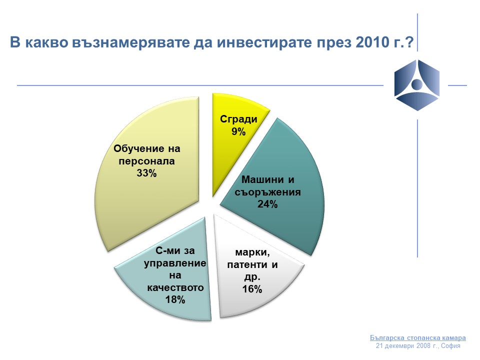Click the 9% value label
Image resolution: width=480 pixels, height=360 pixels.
click(x=238, y=131)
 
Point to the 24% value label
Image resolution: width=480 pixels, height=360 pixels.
click(x=267, y=204)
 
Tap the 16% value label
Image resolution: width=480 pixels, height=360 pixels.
click(x=252, y=289)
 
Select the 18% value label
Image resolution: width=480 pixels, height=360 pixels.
click(x=175, y=299)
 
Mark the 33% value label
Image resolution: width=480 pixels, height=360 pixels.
click(x=146, y=173)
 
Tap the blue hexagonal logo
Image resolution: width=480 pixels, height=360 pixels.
click(x=417, y=85)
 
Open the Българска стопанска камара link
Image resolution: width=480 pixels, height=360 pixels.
click(x=418, y=337)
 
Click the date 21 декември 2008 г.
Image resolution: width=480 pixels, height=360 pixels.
click(x=407, y=346)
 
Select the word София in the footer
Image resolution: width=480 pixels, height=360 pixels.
click(x=450, y=346)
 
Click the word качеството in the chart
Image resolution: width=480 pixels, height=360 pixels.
click(x=175, y=287)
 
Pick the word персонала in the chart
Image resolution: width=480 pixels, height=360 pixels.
click(x=146, y=161)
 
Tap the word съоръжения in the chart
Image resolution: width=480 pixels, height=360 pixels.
click(x=267, y=192)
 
